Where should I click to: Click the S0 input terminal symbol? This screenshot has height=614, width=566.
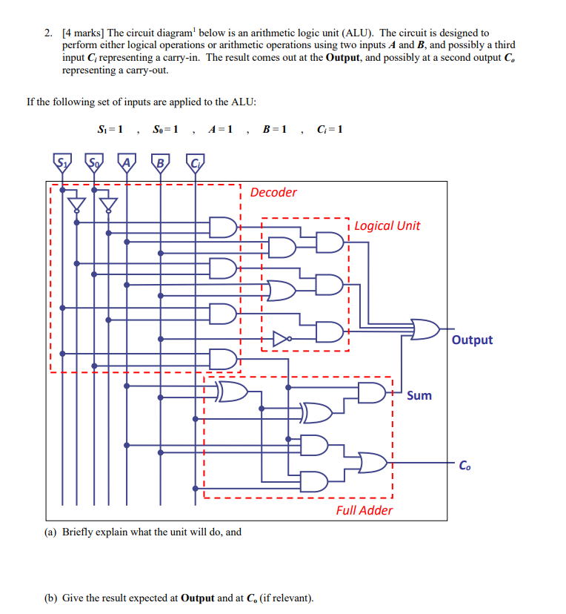click(x=94, y=161)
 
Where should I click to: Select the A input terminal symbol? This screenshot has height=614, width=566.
click(x=127, y=161)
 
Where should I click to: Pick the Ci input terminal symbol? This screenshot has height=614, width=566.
click(x=195, y=161)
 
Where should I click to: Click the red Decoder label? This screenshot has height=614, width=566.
click(x=273, y=193)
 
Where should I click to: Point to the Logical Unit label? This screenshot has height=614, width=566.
click(x=387, y=225)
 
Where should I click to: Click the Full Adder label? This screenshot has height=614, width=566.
click(x=364, y=510)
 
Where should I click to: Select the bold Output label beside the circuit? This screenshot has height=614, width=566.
click(x=472, y=340)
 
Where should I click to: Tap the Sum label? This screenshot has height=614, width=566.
click(x=419, y=395)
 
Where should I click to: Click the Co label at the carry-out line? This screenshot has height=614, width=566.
click(x=464, y=466)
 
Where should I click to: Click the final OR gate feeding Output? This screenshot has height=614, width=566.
click(x=424, y=329)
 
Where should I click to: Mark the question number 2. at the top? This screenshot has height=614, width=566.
click(x=47, y=33)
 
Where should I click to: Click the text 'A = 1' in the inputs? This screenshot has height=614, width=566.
click(x=221, y=130)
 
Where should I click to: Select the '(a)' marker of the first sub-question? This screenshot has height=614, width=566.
click(x=52, y=532)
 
